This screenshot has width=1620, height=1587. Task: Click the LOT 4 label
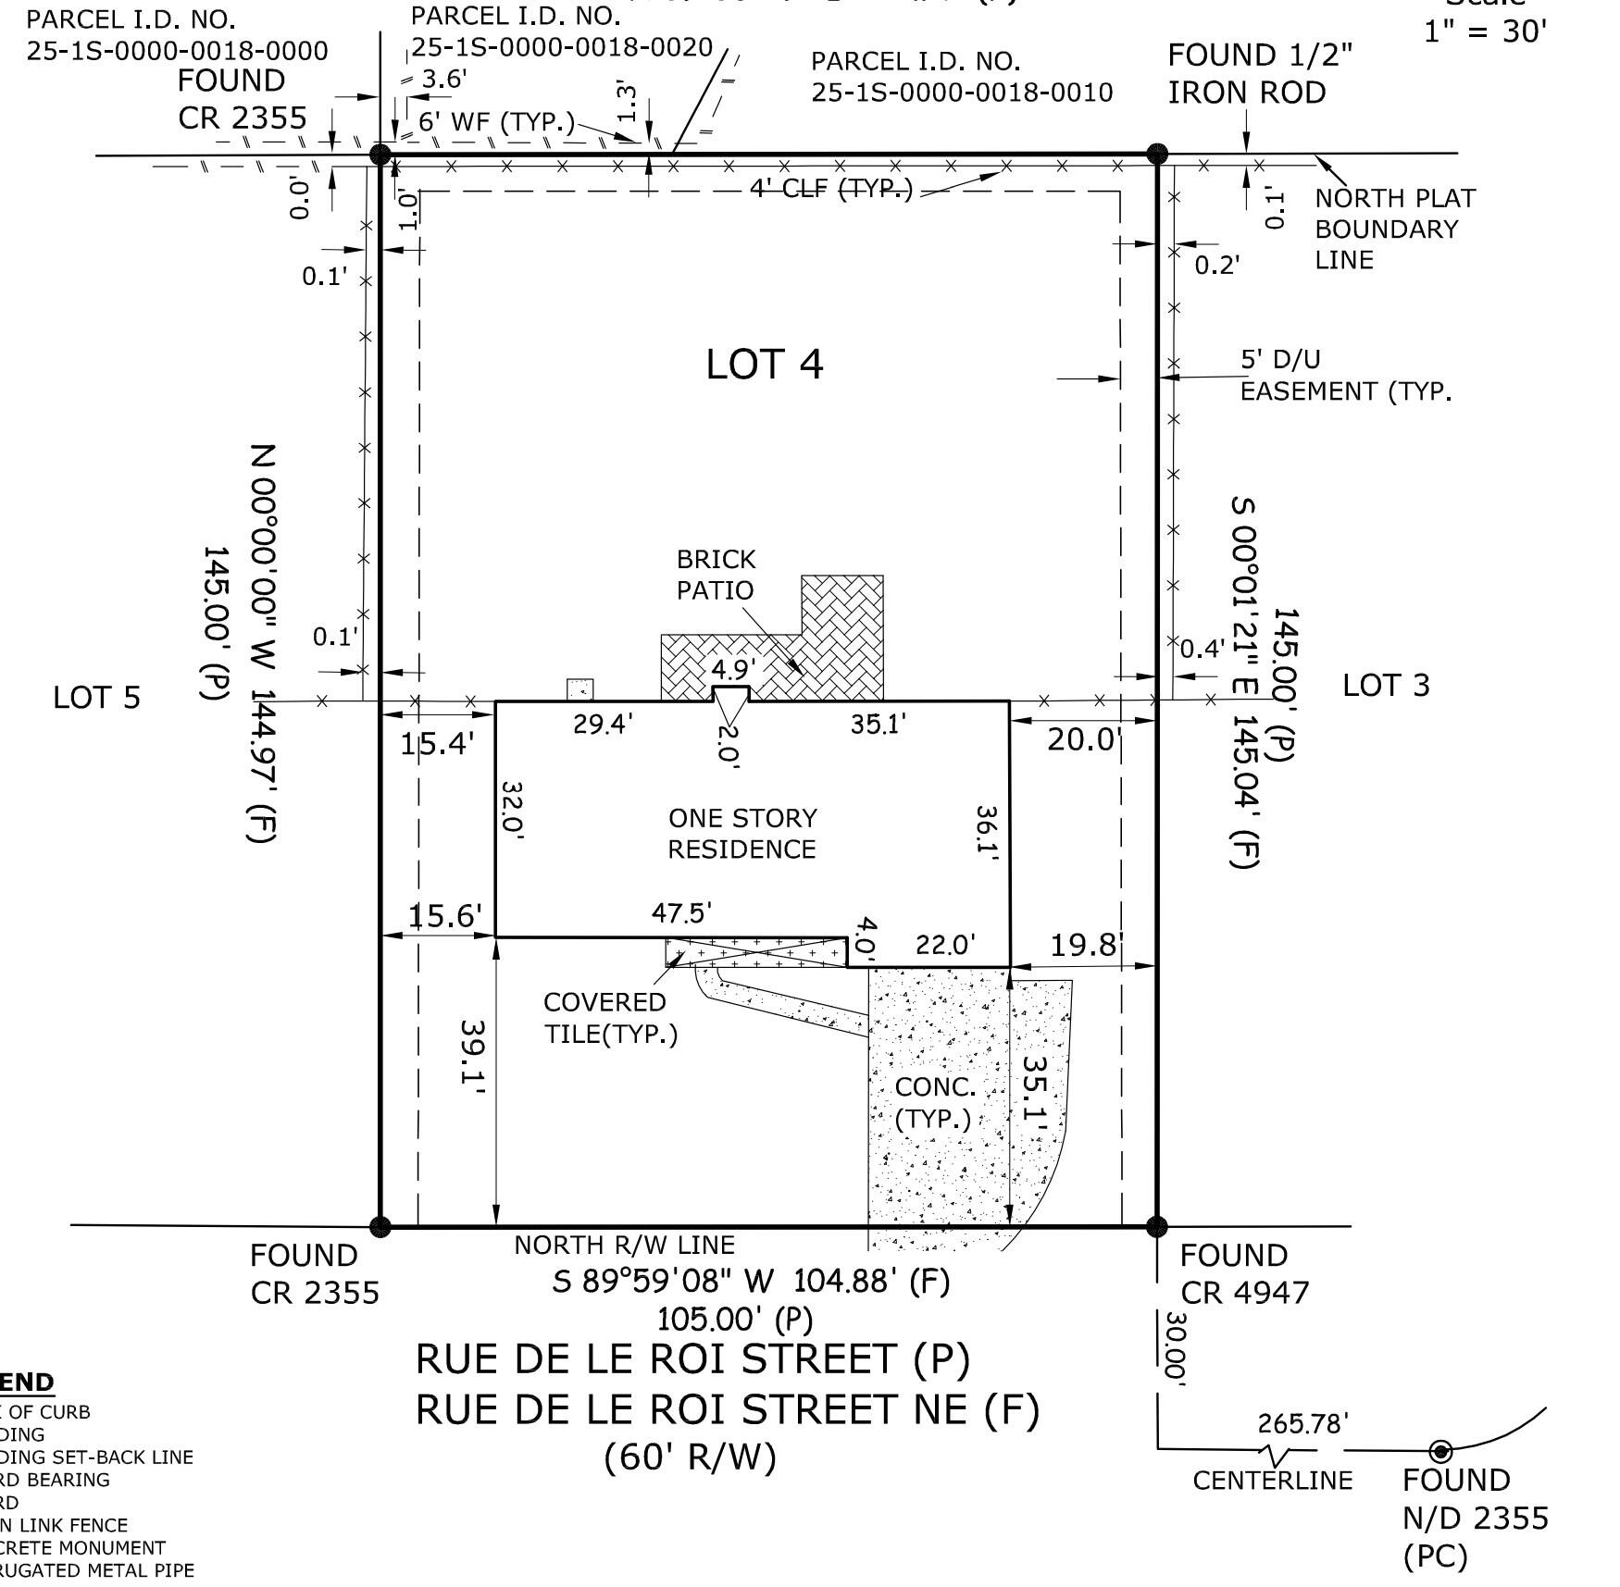(764, 364)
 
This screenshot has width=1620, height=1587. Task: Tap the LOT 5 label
(96, 697)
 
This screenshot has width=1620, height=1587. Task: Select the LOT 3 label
(1385, 685)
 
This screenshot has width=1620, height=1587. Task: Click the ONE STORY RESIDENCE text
(742, 833)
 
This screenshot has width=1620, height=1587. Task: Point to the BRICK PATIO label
(715, 575)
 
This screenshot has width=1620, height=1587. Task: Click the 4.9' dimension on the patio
(732, 667)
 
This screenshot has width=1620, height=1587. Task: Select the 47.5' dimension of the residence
(681, 913)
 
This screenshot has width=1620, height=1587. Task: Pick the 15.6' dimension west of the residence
(444, 916)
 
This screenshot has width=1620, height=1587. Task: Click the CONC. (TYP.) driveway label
(934, 1102)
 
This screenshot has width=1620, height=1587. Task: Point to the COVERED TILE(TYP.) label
(609, 1017)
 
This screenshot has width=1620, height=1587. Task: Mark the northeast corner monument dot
(1156, 154)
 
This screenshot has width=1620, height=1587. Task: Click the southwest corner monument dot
(380, 1227)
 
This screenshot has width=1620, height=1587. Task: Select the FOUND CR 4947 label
(1243, 1273)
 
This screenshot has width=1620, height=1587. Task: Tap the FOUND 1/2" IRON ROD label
(1257, 74)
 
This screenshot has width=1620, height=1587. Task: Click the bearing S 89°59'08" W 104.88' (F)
(751, 1282)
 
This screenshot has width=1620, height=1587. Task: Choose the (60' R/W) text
(690, 1457)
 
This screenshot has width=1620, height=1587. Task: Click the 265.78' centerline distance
(1302, 1424)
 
